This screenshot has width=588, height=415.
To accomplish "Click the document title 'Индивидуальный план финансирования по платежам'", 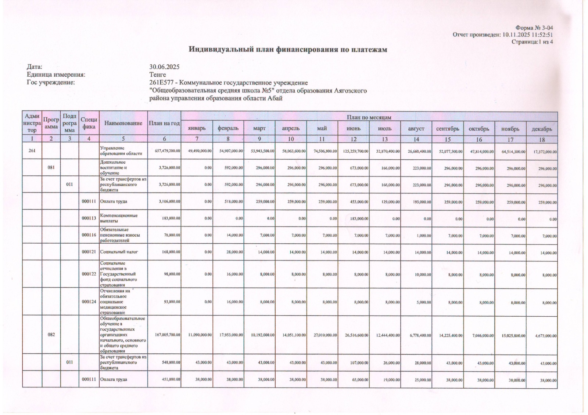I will (288, 50).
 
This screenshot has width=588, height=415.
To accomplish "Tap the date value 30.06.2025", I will (164, 67).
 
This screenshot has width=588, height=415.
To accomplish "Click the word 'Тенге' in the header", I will (158, 74).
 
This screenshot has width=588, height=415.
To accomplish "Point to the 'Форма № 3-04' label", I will (534, 28).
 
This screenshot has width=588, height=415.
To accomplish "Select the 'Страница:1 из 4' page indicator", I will (532, 42).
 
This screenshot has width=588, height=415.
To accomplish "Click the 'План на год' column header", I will (164, 123).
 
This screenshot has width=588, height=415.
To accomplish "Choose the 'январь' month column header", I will (197, 128).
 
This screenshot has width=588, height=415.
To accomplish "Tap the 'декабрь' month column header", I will (542, 129).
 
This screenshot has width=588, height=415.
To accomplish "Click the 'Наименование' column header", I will (123, 123).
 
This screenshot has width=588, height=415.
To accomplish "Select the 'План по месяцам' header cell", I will (369, 117).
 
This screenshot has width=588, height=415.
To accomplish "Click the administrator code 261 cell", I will (32, 150).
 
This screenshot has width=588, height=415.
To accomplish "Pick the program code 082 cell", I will (51, 335).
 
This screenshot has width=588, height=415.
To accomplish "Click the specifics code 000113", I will (89, 218).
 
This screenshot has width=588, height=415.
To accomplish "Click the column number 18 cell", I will (542, 139).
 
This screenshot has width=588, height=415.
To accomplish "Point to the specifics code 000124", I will (89, 302).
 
